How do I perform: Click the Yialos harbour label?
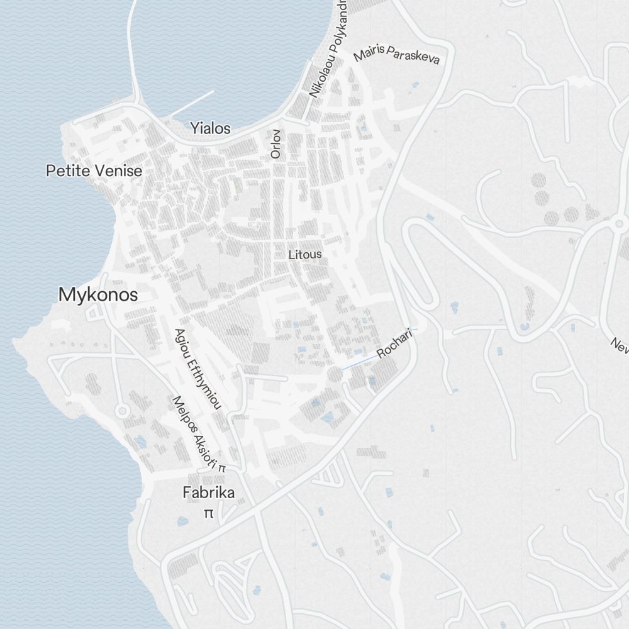(x=210, y=128)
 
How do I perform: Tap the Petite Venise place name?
(x=94, y=170)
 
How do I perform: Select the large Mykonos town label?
(x=98, y=294)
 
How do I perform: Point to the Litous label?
(x=305, y=254)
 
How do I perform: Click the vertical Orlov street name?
(x=275, y=143)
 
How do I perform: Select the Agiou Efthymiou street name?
(x=198, y=369)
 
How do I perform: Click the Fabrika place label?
(x=208, y=493)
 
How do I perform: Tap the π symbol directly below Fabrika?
(x=208, y=513)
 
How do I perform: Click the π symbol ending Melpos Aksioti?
(x=222, y=469)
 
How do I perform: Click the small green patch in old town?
(x=237, y=186)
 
